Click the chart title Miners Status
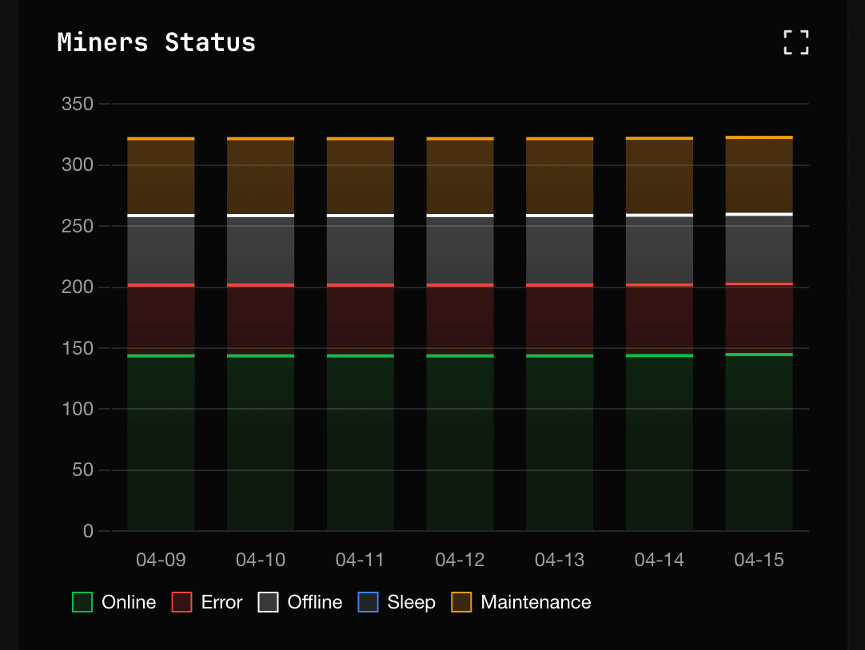click(x=156, y=42)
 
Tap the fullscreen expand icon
click(x=795, y=42)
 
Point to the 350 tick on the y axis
click(x=78, y=105)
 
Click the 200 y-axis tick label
click(x=78, y=287)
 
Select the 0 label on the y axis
click(x=88, y=532)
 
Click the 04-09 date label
click(x=161, y=560)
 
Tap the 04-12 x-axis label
click(x=460, y=560)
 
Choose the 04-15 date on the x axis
click(x=759, y=560)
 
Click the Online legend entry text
click(x=129, y=602)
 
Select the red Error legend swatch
click(x=182, y=602)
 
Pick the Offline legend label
click(x=315, y=602)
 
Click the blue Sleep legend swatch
click(x=368, y=602)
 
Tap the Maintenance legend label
click(x=536, y=602)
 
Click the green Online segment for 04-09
click(x=161, y=443)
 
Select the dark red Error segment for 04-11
click(x=361, y=319)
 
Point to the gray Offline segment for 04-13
click(x=560, y=250)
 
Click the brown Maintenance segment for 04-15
click(x=759, y=176)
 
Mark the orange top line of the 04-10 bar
click(x=261, y=139)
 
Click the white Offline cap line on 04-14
click(x=660, y=216)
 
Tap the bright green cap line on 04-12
click(x=460, y=355)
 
